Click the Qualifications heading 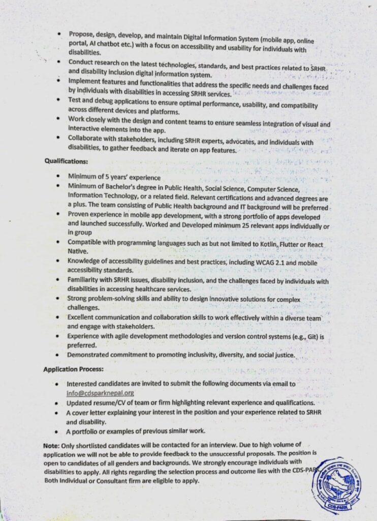[x=66, y=161]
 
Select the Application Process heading [x=73, y=369]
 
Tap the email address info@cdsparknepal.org [x=100, y=393]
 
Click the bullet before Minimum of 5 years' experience [x=60, y=177]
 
